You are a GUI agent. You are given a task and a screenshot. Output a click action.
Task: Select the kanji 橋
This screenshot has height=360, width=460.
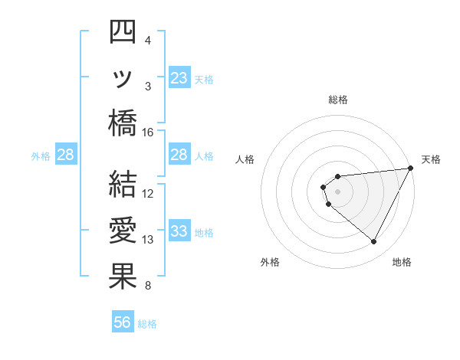[123, 123]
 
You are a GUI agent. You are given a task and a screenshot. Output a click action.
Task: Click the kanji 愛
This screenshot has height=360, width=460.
[123, 231]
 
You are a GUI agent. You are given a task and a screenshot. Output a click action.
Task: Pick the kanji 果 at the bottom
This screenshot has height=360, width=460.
[123, 277]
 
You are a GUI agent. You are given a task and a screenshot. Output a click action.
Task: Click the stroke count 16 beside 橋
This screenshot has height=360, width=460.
[148, 133]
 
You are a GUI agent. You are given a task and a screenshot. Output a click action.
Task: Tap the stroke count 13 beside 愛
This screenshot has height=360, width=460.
[148, 240]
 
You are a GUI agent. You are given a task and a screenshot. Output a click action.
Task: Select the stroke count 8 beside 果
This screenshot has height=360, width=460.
[148, 286]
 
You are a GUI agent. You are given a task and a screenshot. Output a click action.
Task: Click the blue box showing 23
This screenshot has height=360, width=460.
[179, 78]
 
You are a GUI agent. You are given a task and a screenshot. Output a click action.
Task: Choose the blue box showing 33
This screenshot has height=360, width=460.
[179, 231]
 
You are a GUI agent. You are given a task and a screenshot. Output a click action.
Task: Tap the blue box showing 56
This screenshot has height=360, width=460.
[123, 323]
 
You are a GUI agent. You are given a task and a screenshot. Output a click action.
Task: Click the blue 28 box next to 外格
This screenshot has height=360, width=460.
[66, 155]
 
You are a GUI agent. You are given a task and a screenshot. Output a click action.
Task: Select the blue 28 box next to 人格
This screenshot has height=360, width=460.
[179, 155]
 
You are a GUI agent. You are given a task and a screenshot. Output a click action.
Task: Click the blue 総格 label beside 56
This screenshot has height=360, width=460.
[148, 324]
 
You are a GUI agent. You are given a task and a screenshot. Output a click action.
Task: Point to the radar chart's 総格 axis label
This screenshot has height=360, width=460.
[338, 100]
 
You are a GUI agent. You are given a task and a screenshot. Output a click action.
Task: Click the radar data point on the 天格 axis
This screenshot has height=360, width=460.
[411, 169]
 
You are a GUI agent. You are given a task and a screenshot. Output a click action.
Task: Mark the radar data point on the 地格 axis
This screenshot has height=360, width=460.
[374, 242]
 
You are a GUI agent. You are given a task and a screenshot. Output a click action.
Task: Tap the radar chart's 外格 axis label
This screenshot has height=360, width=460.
[270, 262]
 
